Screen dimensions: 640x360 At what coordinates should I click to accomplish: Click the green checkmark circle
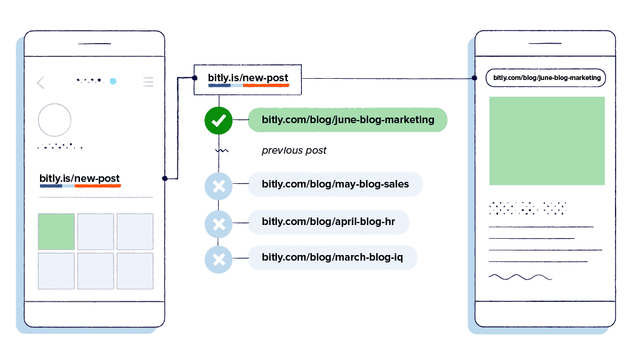pos(218,121)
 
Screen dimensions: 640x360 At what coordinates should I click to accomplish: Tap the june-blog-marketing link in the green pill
pos(347,119)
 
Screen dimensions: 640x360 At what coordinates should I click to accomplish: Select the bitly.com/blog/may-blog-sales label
pos(336,184)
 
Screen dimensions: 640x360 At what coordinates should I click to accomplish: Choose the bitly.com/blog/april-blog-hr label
pos(329,222)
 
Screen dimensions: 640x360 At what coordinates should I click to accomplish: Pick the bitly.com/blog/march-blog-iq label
pos(332,257)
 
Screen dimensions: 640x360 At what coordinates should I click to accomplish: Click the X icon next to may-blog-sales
pos(218,186)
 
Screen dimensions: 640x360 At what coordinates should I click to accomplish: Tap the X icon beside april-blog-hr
pos(218,224)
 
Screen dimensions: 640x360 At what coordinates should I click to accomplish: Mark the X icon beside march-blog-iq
pos(218,259)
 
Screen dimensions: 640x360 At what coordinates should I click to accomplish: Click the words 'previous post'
pos(294,151)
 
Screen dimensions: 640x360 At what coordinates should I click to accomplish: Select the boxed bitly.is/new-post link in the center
pos(247,79)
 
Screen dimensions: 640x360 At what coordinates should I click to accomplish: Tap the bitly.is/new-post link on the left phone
pos(79,180)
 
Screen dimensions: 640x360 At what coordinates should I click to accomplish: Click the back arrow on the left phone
pos(41,82)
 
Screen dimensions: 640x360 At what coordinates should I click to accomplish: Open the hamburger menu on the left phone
pos(148,82)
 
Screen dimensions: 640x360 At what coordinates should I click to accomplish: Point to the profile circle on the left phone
pos(55,120)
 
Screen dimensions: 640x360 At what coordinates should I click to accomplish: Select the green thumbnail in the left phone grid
pos(56,231)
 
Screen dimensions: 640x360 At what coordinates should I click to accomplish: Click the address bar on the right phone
pos(546,78)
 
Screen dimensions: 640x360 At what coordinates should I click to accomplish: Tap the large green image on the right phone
pos(547,141)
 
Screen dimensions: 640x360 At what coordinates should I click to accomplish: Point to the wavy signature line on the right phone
pos(521,277)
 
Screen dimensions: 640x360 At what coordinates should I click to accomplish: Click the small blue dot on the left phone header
pos(113,81)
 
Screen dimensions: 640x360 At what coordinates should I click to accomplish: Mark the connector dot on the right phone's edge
pos(474,78)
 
